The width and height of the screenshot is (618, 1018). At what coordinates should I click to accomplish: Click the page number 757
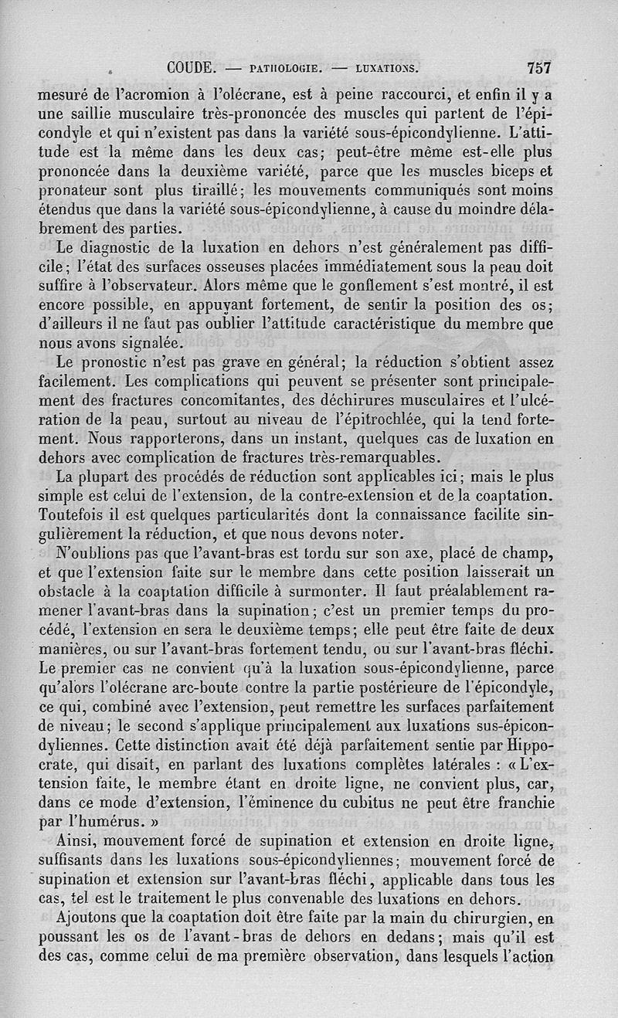click(538, 67)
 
